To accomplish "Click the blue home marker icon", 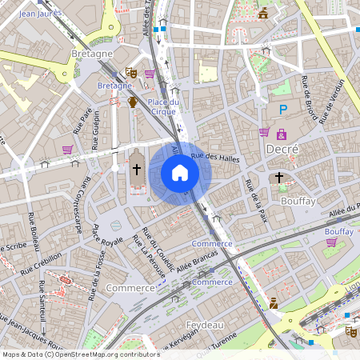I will coord(180,173).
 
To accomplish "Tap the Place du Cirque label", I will coord(163,106).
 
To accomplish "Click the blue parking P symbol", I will coord(282,109).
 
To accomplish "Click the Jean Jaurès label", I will coord(41,14).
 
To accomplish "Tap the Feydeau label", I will coord(203,325).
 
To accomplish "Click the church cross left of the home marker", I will coord(136,170).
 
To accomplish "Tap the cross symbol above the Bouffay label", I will coord(279,177).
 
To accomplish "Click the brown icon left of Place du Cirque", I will coord(133,102).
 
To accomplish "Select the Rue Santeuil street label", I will coord(42,298).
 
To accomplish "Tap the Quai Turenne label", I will coord(212,344).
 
